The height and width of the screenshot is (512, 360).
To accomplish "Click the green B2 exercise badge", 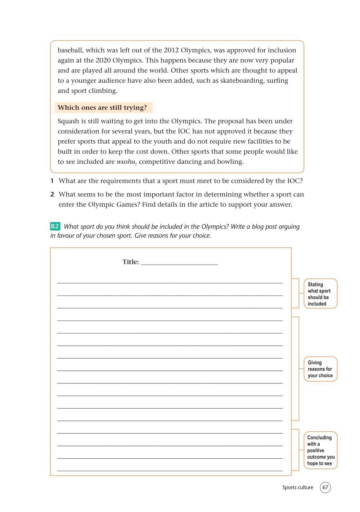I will tap(55, 226).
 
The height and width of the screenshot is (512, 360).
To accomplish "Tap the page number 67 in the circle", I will tap(325, 488).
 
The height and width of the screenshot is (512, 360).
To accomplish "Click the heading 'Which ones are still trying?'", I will tap(102, 108).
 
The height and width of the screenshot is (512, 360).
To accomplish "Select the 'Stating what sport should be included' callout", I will tap(320, 294).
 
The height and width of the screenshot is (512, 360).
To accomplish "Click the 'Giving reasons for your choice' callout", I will tap(320, 369).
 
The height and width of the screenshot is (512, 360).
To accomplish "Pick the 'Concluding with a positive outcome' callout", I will tap(320, 450).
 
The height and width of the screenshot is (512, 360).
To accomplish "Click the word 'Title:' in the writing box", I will tap(131, 262).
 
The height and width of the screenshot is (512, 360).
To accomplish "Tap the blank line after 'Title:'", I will tap(179, 263).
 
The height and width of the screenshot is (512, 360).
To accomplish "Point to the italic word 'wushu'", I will tap(126, 162).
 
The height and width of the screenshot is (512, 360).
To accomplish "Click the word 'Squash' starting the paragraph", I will tap(68, 121).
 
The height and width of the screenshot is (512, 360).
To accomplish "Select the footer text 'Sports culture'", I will tap(298, 488).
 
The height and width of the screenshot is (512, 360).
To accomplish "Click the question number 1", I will tap(52, 181).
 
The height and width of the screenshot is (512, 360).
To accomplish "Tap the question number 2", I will tap(52, 194).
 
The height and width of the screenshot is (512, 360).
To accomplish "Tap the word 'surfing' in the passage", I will tap(278, 81).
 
